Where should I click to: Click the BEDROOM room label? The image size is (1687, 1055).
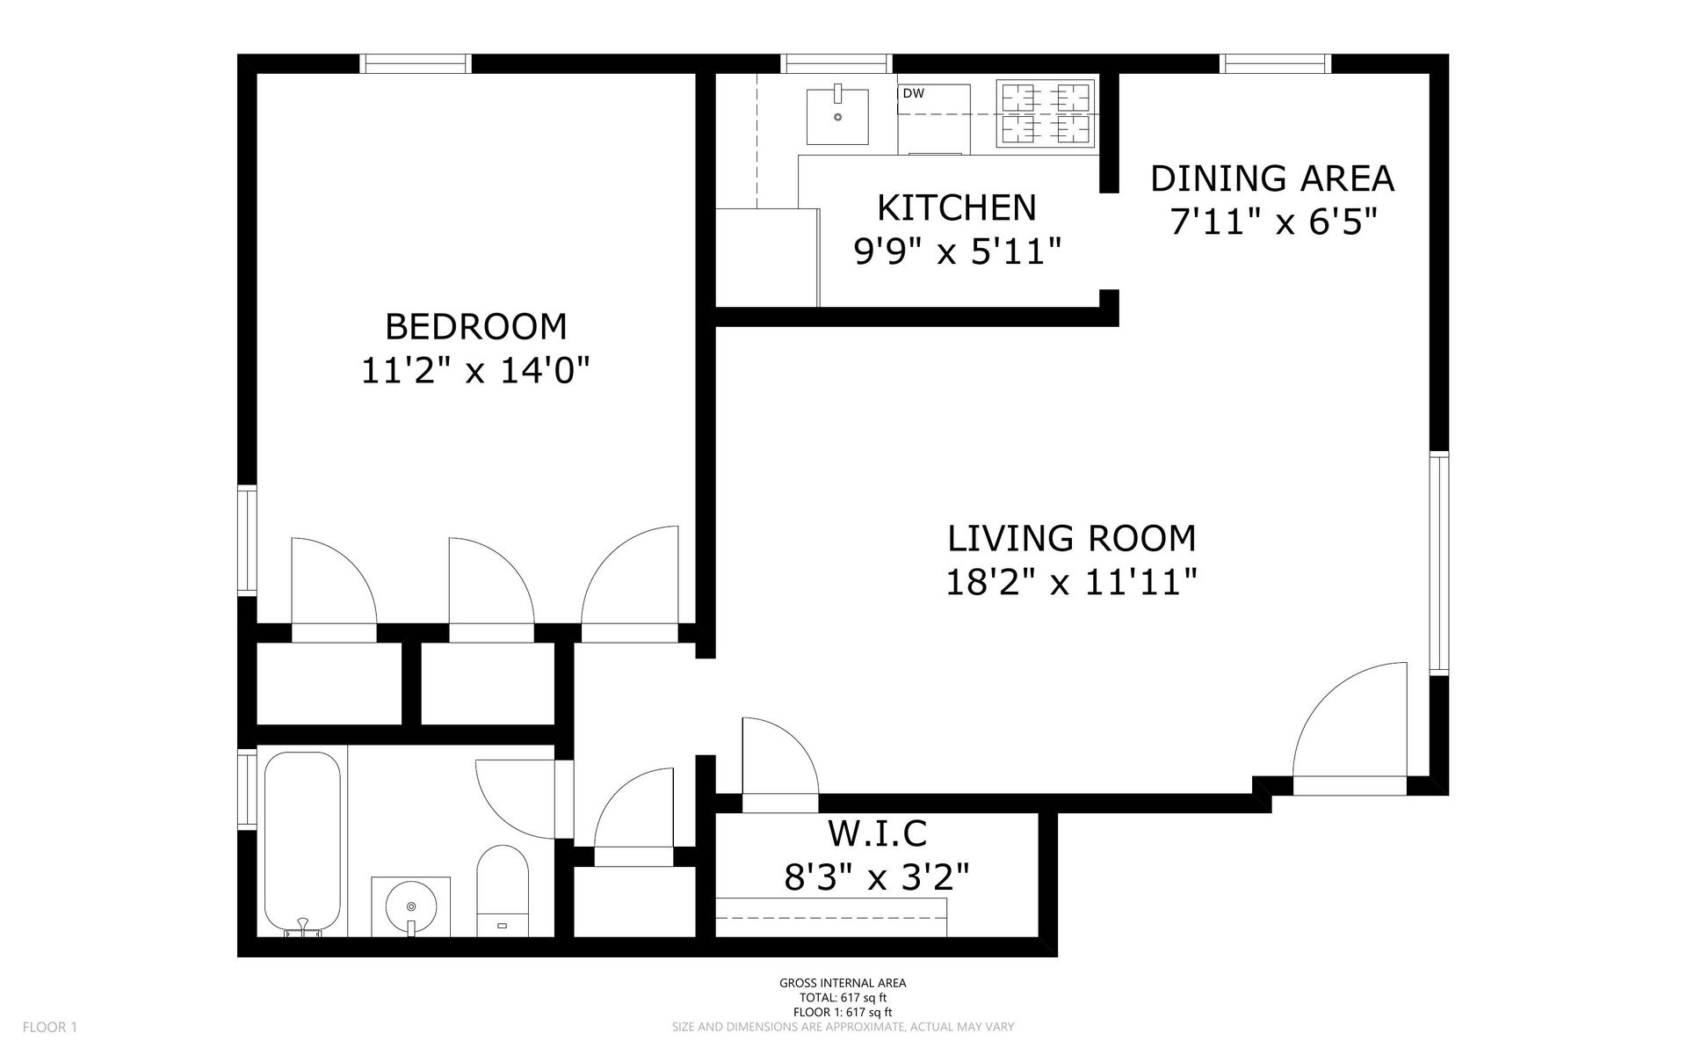pyautogui.click(x=475, y=327)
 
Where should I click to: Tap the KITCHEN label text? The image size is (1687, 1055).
pyautogui.click(x=957, y=208)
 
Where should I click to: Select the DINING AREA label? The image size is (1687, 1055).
pyautogui.click(x=1272, y=178)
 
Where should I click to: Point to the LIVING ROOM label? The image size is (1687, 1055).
pyautogui.click(x=1072, y=538)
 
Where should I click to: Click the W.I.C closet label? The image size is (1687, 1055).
pyautogui.click(x=878, y=832)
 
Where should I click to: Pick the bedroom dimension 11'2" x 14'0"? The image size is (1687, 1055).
pyautogui.click(x=474, y=371)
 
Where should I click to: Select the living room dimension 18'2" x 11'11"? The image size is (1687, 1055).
pyautogui.click(x=1072, y=582)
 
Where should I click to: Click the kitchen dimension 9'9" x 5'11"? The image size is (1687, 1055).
pyautogui.click(x=958, y=253)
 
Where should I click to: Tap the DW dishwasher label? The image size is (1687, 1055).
pyautogui.click(x=914, y=93)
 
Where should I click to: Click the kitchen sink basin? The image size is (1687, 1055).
pyautogui.click(x=837, y=114)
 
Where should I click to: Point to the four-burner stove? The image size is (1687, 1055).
pyautogui.click(x=1046, y=114)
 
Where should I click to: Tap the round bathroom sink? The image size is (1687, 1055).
pyautogui.click(x=411, y=906)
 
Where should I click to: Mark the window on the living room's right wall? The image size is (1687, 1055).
pyautogui.click(x=1438, y=563)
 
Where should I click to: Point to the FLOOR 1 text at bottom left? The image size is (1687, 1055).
pyautogui.click(x=50, y=1027)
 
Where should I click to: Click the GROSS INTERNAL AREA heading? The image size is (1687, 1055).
pyautogui.click(x=843, y=984)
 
